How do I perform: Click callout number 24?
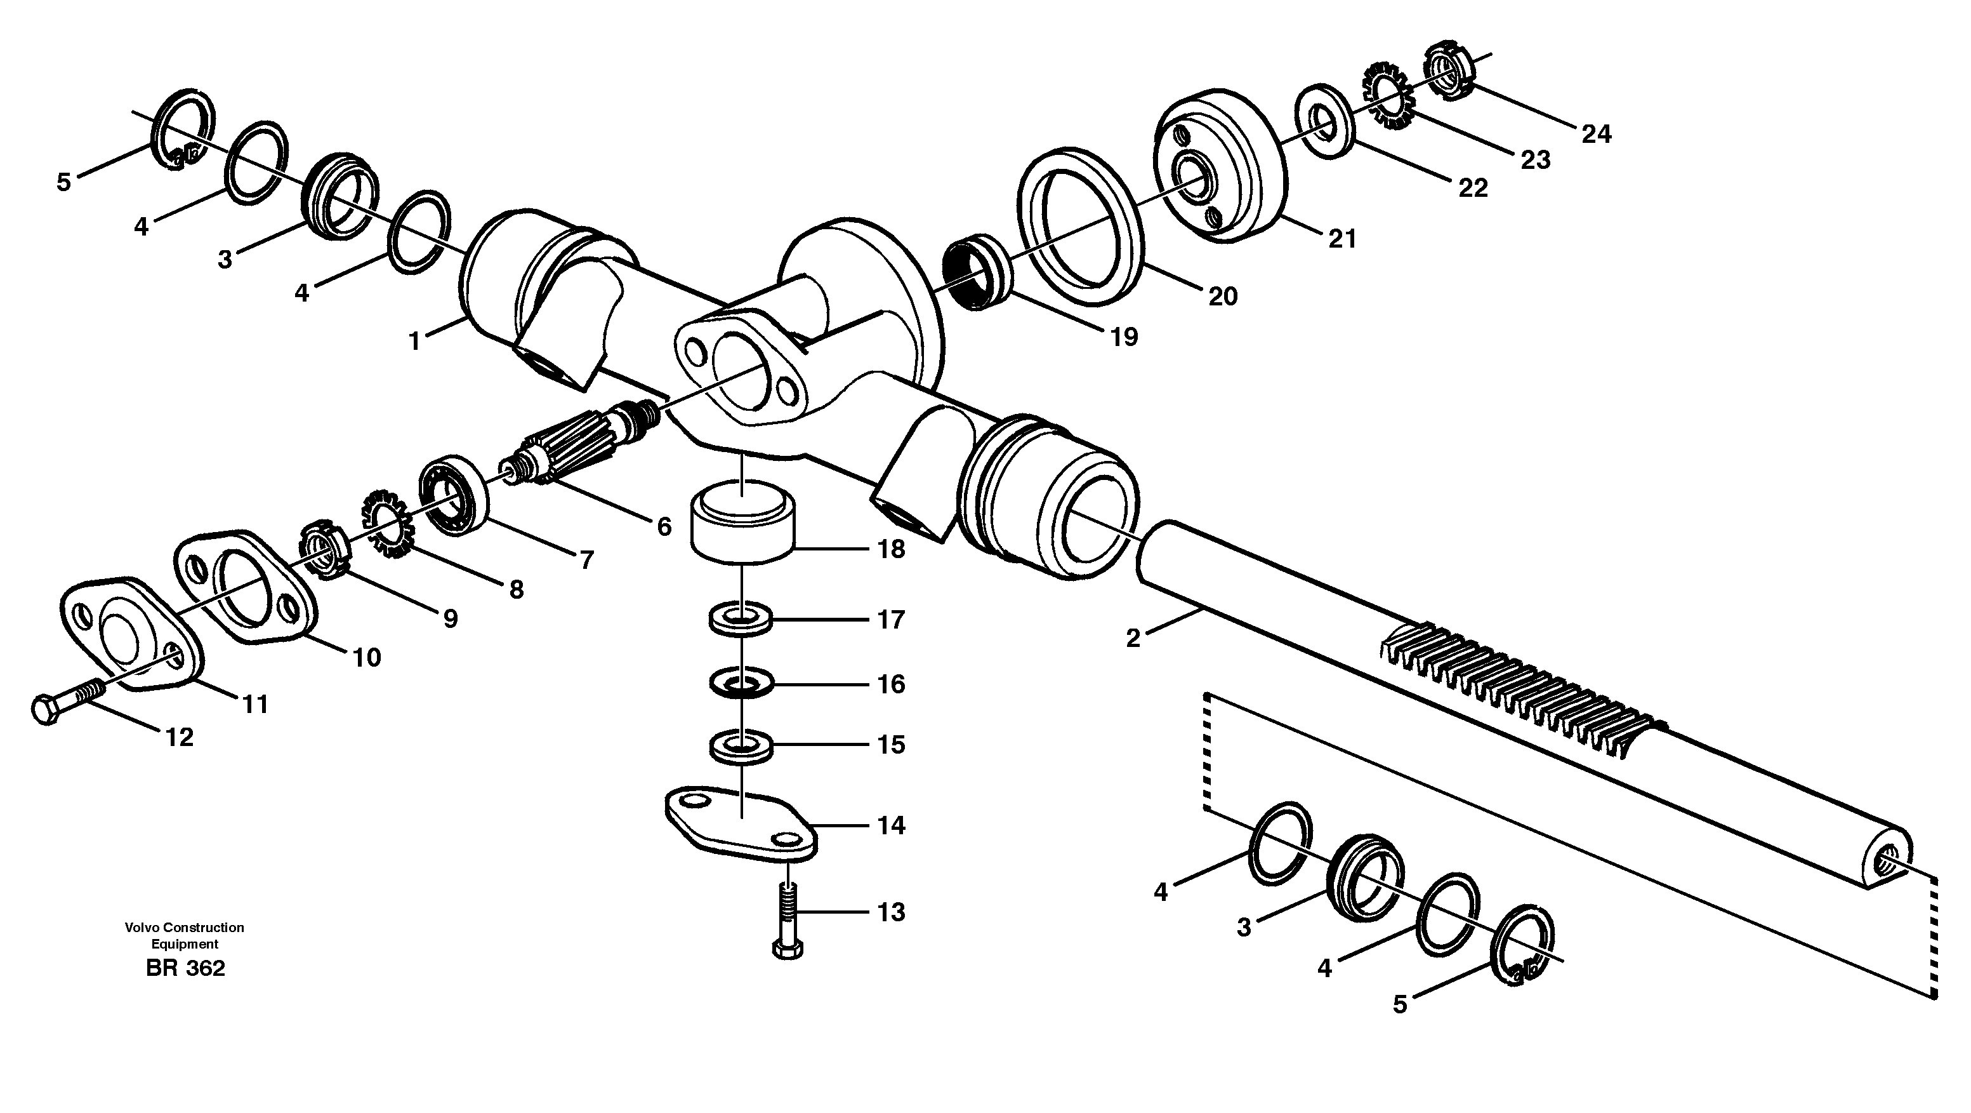coord(1596,135)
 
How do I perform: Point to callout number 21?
coord(1342,239)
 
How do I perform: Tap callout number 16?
coord(890,684)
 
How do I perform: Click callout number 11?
coord(255,703)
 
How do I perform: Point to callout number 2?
coord(1133,637)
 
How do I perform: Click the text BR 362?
coord(185,968)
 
